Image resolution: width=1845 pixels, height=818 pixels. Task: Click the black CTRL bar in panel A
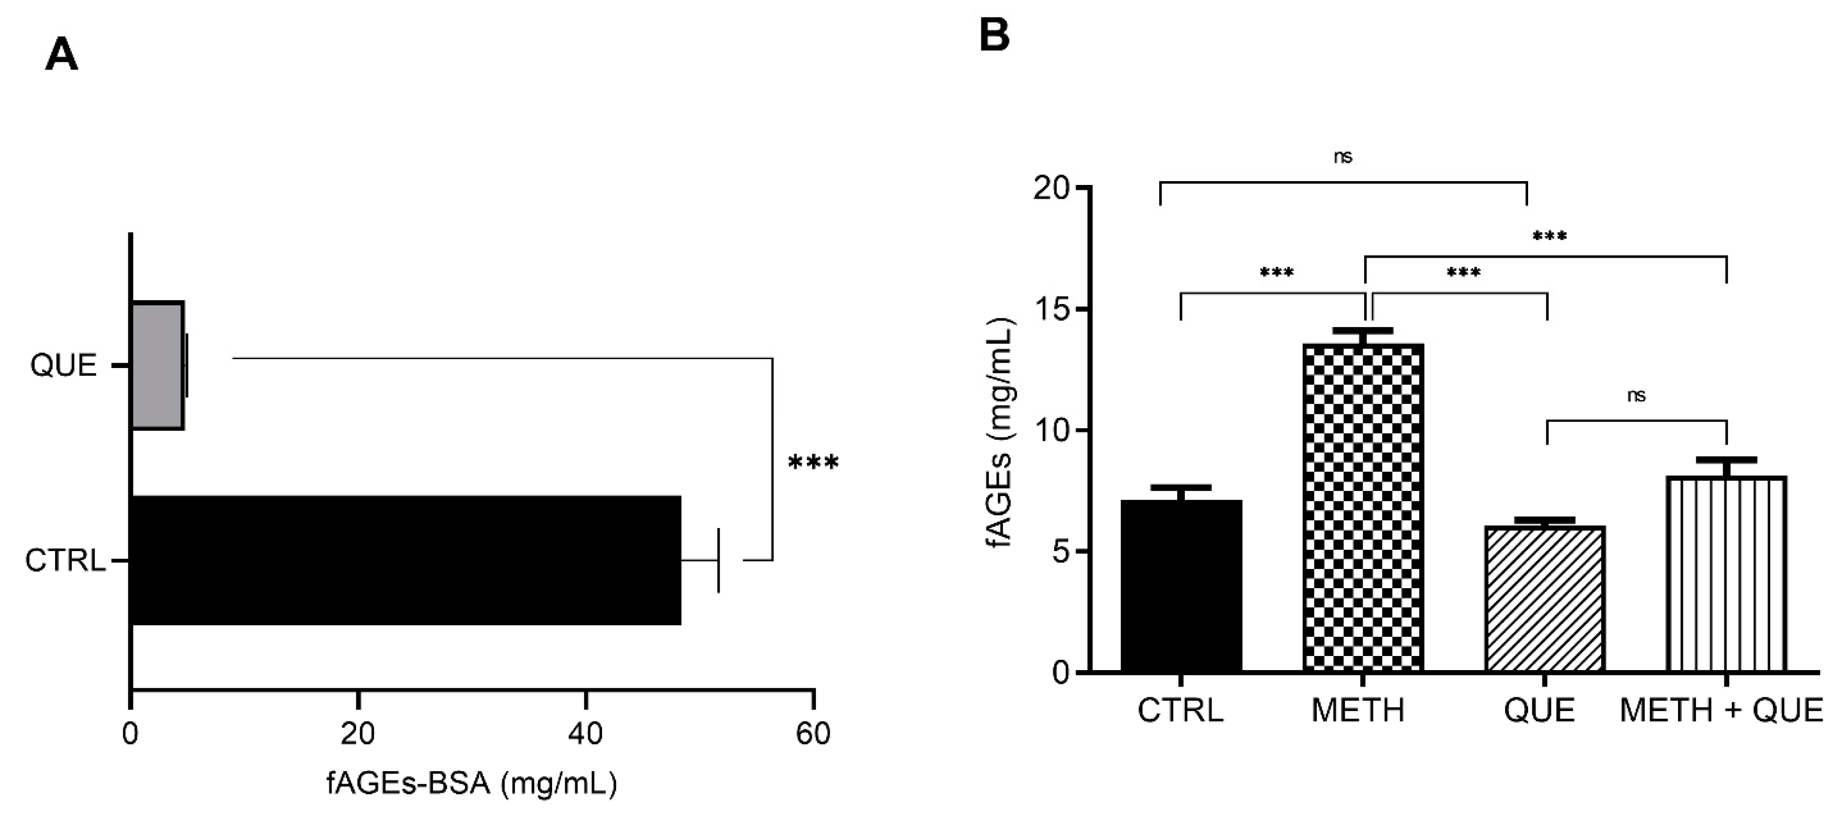[405, 560]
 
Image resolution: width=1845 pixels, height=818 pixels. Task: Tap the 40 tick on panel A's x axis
[585, 734]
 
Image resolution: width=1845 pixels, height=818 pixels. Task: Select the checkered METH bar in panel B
[1362, 509]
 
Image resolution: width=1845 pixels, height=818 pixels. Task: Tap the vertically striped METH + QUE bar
[1726, 574]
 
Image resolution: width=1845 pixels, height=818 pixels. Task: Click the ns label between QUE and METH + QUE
[1636, 395]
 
